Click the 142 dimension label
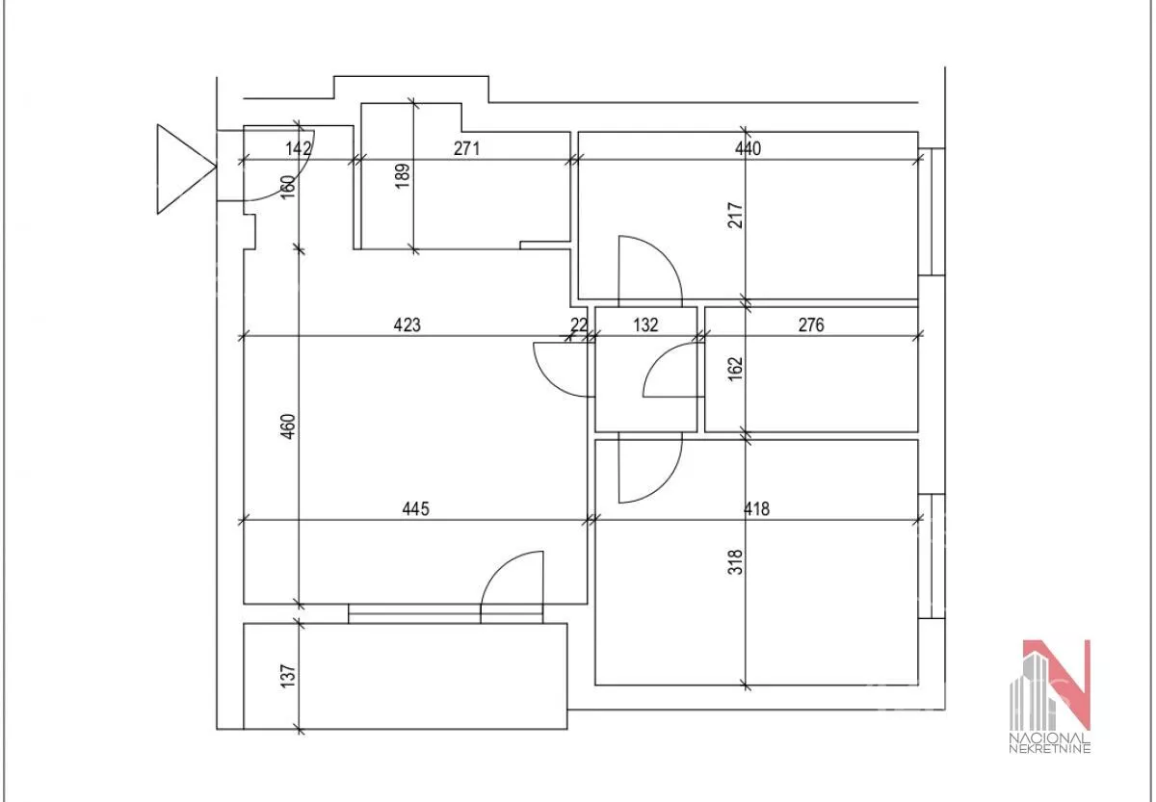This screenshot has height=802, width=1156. pos(299,148)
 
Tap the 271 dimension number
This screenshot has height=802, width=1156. pos(466,148)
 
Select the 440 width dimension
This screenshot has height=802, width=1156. pos(748,148)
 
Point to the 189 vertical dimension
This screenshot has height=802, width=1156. pos(403,176)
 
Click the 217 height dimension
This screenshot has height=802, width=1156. pos(735,216)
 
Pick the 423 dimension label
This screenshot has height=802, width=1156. pos(407,324)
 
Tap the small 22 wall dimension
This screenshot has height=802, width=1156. pos(579,324)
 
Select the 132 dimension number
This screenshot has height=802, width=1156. pos(645,324)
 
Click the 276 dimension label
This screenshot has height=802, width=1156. pos(811,324)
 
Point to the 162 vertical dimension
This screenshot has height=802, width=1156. pos(735,369)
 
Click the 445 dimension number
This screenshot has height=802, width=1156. pos(415,509)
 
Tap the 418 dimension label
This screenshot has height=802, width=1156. pos(756,509)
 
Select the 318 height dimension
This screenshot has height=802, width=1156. pos(735,562)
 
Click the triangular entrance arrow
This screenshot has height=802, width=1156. pos(186,168)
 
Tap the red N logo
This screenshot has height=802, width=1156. pos(1057,685)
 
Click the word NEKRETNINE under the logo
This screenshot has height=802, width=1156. pos(1050,748)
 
